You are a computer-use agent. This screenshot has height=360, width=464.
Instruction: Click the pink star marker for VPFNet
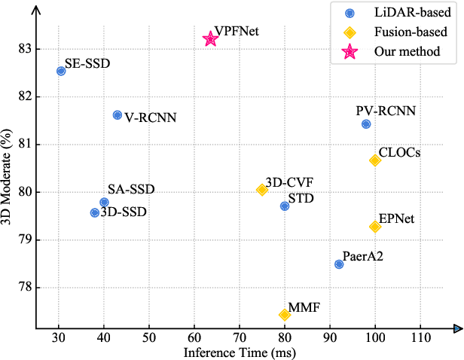coord(210,38)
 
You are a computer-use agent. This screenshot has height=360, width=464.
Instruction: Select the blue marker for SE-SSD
coord(61,71)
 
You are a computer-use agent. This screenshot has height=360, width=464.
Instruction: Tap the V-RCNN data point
coord(117,114)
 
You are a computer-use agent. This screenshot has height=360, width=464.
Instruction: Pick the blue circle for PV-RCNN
coord(366,124)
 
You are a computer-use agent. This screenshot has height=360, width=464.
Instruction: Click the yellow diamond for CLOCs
coord(375,160)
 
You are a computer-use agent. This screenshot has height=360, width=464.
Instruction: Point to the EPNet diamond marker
coord(374,227)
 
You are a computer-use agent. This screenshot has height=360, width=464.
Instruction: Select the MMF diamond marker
coord(284,315)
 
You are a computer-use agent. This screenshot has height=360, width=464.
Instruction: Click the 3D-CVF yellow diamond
coord(261,190)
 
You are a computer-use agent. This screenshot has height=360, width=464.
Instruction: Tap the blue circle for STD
coord(284,206)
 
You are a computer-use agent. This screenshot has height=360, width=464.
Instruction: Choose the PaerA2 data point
coord(339,264)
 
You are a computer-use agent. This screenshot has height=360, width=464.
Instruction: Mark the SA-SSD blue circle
coord(104,202)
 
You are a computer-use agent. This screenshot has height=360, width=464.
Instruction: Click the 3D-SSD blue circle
coord(95,212)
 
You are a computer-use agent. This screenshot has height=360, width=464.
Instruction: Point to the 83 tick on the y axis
coord(25,48)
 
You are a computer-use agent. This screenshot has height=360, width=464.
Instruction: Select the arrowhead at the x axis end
coord(457,328)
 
